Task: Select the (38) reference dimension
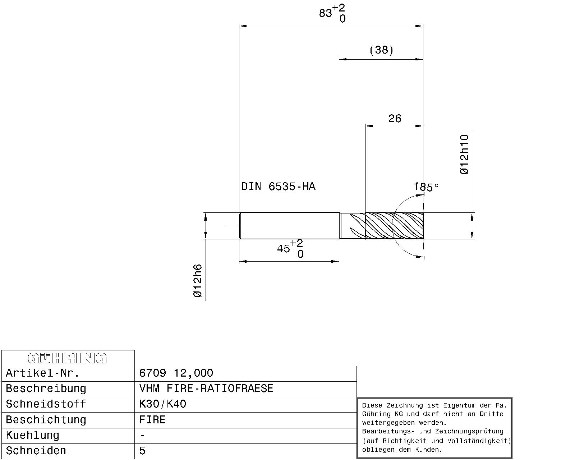tap(381, 50)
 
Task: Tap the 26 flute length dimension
tap(395, 118)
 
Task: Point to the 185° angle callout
tap(426, 187)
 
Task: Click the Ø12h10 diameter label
tap(464, 155)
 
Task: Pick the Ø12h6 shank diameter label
tap(198, 281)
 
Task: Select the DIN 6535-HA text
tap(278, 186)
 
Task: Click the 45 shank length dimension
tap(290, 249)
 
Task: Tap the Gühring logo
tap(67, 358)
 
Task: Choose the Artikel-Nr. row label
tap(42, 373)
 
